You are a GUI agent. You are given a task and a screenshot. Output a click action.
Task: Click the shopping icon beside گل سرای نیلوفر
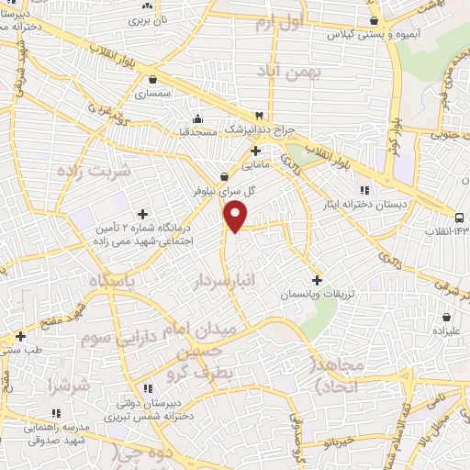click(x=225, y=177)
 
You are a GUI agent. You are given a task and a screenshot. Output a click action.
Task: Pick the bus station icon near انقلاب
click(x=458, y=217)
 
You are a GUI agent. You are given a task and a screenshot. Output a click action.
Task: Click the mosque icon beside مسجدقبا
click(x=197, y=118)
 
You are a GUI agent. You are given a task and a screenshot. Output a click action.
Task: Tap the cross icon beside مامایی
click(x=256, y=151)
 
